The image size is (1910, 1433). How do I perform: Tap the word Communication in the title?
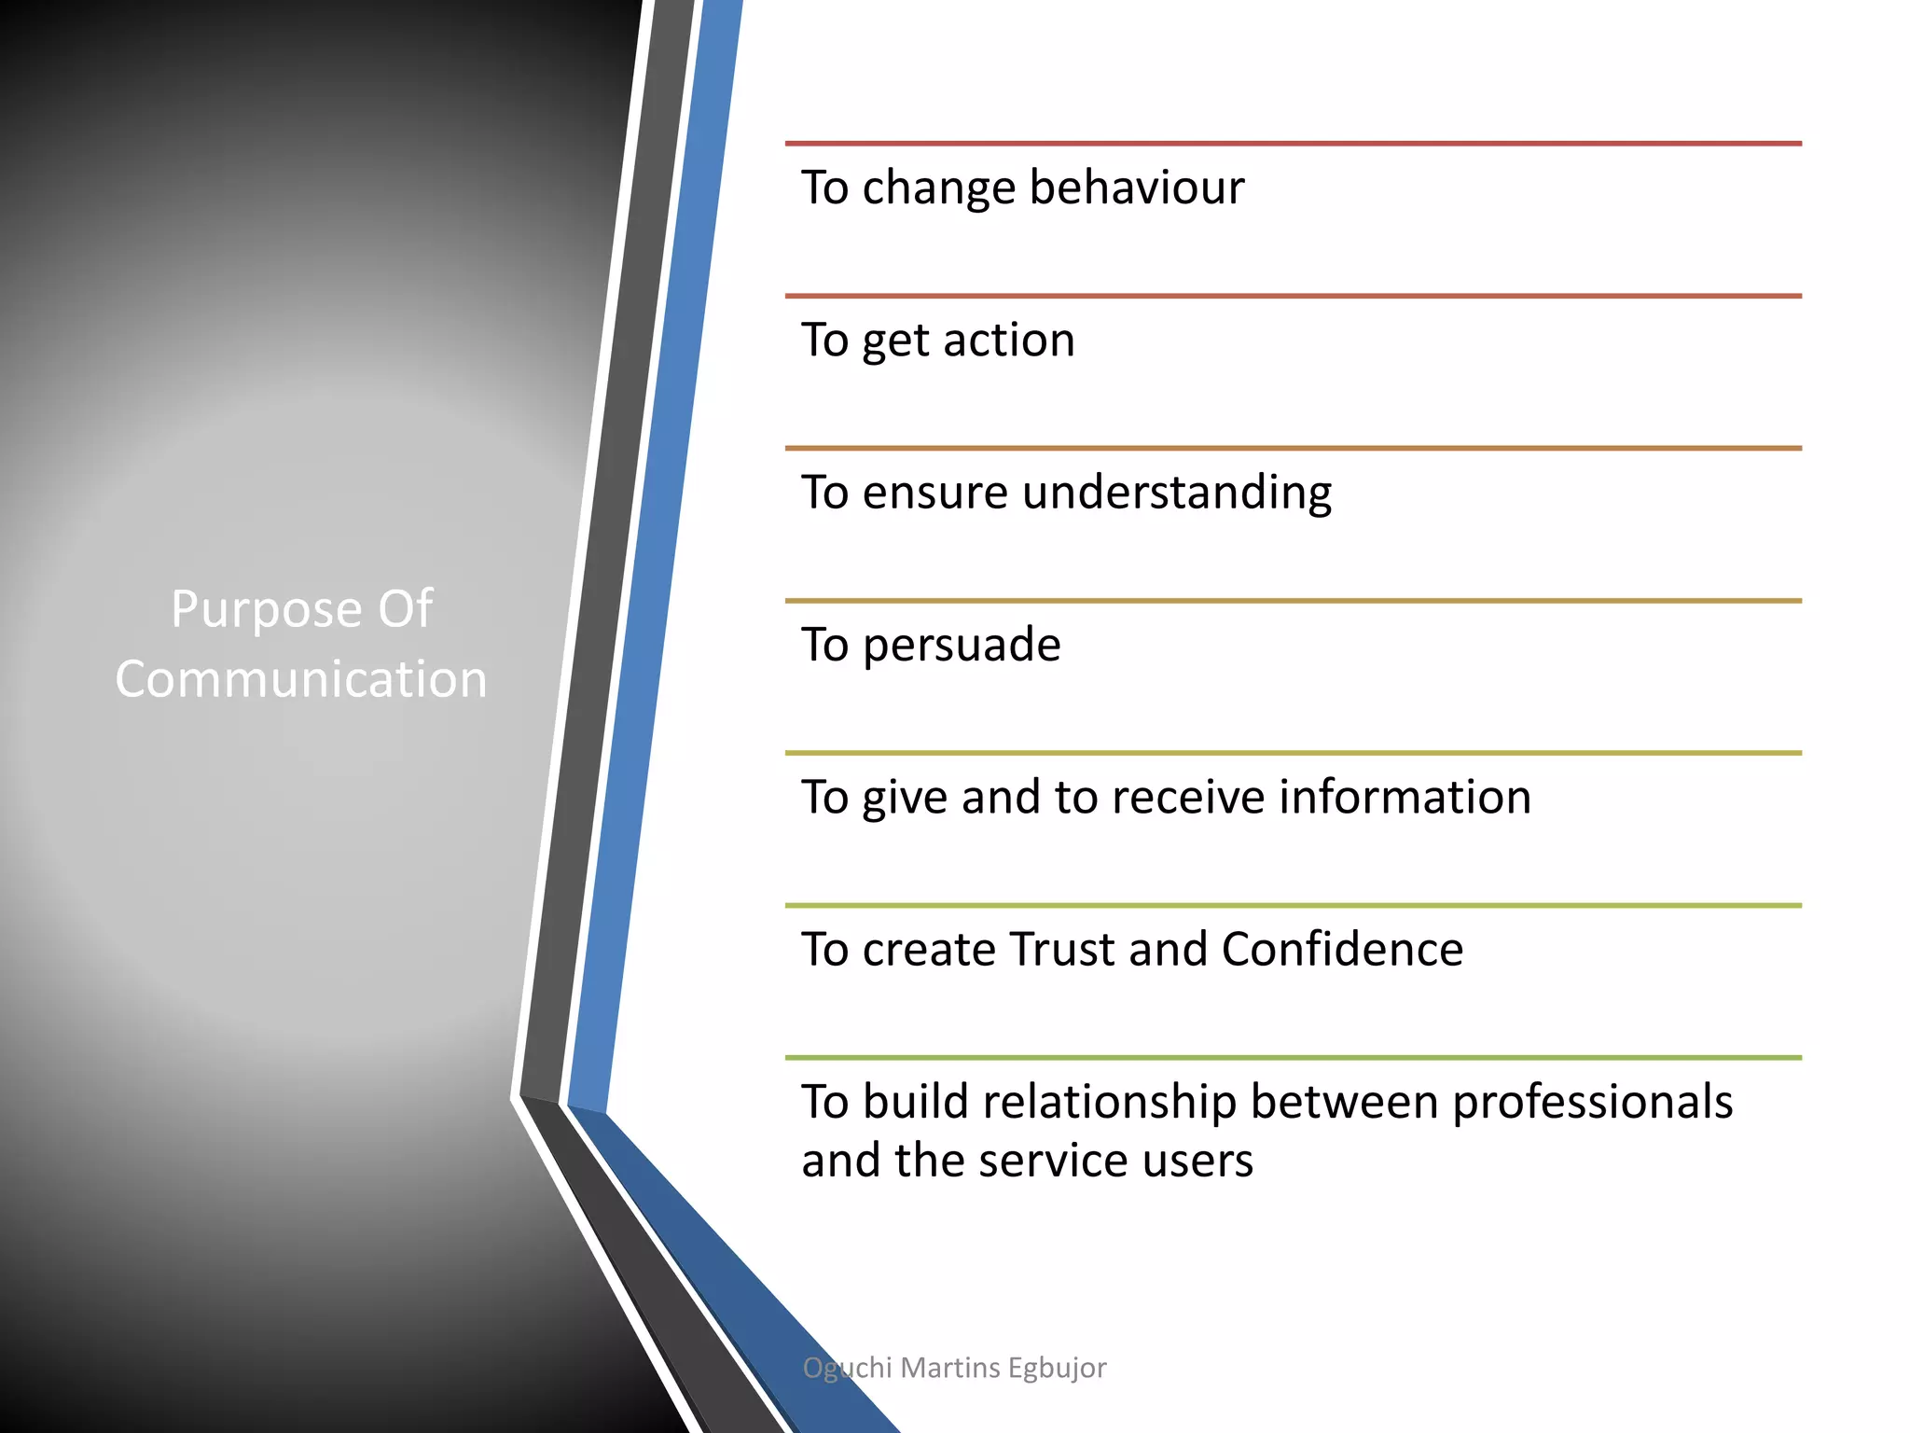[x=301, y=679]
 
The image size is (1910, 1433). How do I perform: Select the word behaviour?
[x=1137, y=188]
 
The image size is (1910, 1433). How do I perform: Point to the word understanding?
[x=1177, y=493]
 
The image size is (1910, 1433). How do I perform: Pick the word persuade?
[x=962, y=646]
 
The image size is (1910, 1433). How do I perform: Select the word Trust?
[x=1062, y=950]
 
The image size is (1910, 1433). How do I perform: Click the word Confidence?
[x=1342, y=950]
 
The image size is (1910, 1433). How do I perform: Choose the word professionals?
[x=1592, y=1103]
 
